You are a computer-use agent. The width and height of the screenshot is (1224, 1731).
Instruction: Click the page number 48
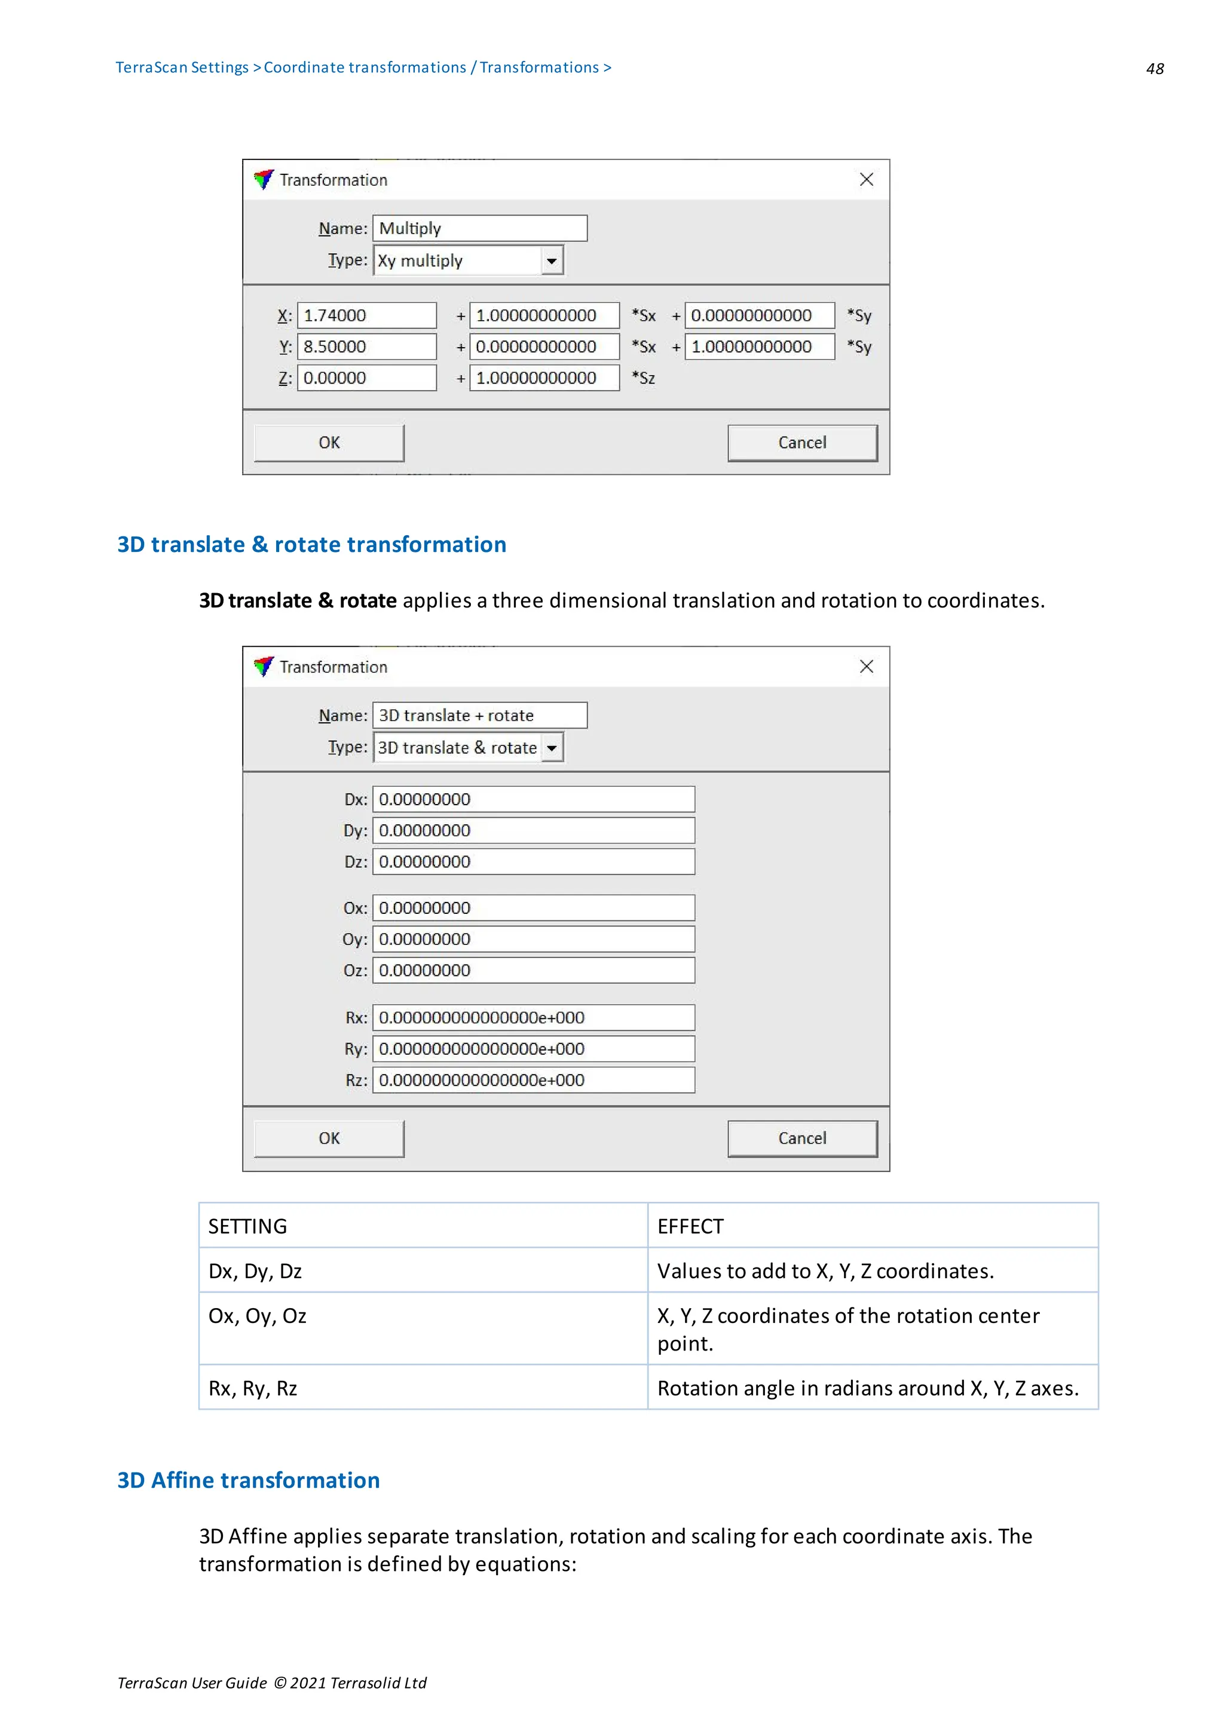1154,69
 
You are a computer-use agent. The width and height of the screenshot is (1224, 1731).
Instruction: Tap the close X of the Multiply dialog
866,179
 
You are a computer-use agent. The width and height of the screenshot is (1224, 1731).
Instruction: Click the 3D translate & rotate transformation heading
311,544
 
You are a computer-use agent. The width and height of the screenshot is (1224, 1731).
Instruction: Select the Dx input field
533,799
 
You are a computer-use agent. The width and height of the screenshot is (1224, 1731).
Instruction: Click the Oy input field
533,940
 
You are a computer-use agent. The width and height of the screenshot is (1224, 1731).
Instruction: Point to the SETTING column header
247,1227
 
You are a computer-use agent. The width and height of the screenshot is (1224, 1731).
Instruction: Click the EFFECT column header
690,1227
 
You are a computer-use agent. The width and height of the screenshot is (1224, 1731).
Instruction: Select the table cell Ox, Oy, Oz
257,1316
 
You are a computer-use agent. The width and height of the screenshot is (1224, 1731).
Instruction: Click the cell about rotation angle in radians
867,1388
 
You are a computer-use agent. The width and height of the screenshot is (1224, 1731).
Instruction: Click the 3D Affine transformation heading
248,1480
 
